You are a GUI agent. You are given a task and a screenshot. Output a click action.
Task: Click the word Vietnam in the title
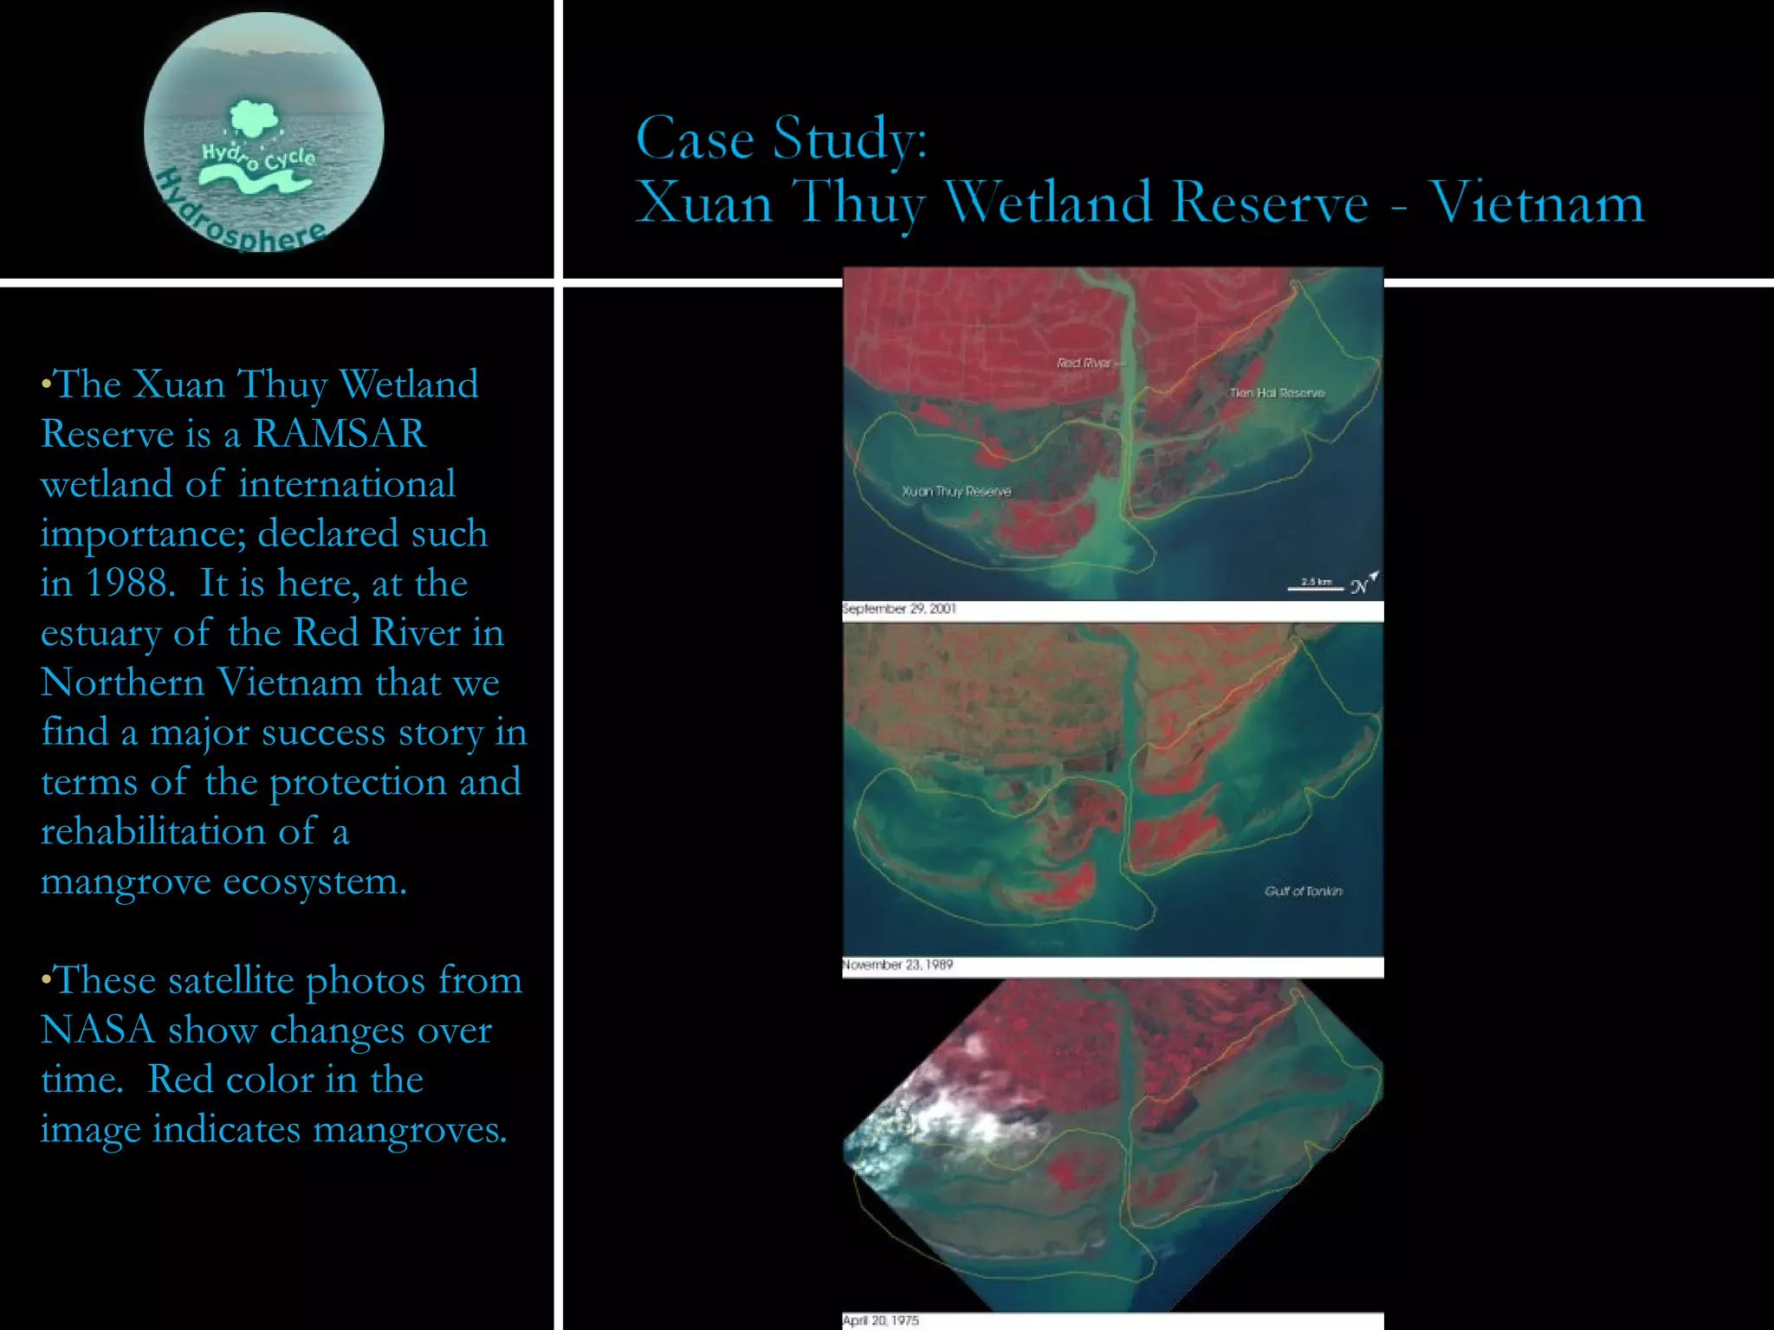tap(1536, 203)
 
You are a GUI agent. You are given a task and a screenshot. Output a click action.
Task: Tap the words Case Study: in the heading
tap(781, 139)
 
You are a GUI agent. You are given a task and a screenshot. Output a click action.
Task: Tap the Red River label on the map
tap(1084, 363)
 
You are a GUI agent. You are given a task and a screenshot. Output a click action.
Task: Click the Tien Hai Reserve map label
tap(1277, 393)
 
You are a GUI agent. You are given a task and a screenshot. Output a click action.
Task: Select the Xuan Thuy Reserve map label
tap(956, 491)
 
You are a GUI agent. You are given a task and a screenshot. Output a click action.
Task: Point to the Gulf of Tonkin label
tap(1303, 891)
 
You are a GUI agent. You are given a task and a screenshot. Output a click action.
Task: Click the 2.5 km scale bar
tap(1315, 586)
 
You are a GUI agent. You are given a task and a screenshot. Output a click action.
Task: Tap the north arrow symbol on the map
tap(1363, 583)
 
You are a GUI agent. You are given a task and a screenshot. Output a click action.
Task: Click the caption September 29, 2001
tap(899, 609)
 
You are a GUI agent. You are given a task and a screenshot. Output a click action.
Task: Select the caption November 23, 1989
tap(897, 965)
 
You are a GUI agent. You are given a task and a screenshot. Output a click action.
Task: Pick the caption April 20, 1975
tap(881, 1320)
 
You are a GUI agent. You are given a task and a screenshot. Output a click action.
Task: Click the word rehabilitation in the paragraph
tap(152, 831)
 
